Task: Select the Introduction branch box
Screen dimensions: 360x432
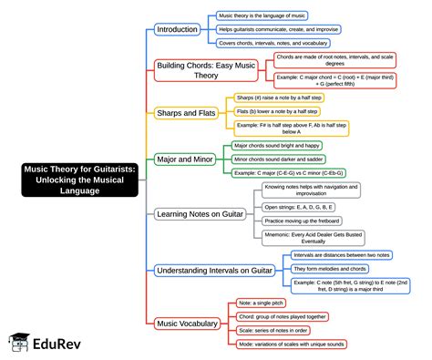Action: coord(177,29)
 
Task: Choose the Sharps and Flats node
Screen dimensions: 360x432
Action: coord(185,113)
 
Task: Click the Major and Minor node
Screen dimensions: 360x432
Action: coord(184,159)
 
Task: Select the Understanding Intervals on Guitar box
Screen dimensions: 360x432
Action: coord(214,270)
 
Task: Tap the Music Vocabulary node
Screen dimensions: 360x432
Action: coord(187,323)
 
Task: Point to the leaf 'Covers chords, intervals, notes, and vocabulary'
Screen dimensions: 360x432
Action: coord(273,43)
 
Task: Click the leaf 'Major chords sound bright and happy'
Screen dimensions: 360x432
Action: coord(276,145)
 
